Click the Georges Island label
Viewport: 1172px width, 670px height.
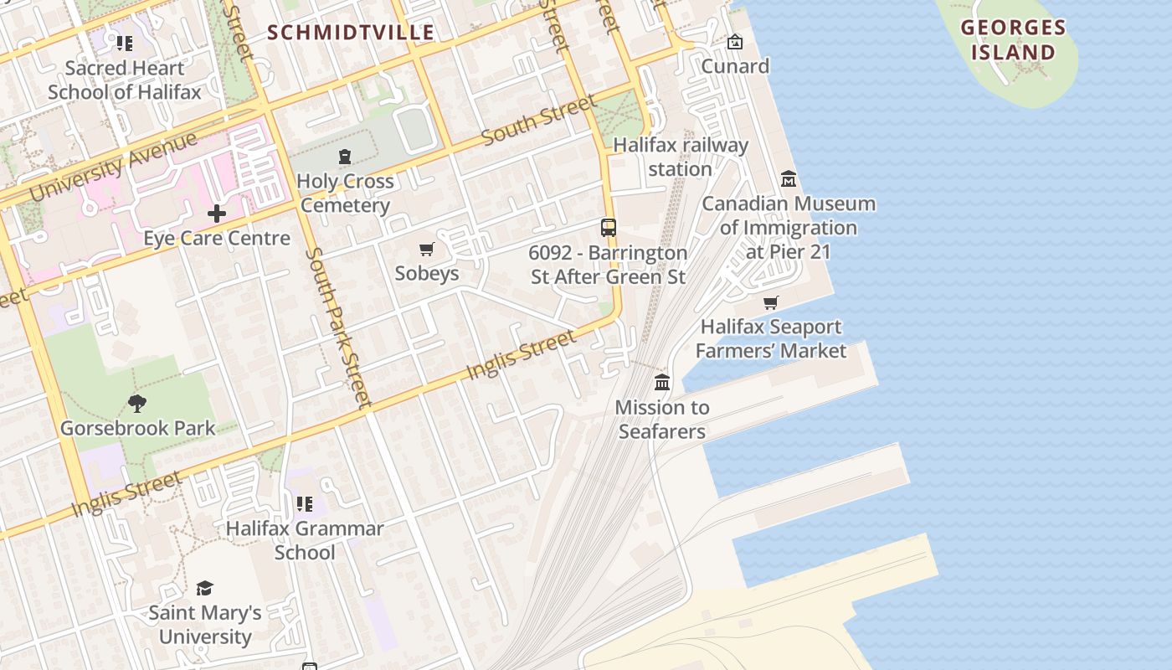pyautogui.click(x=1013, y=40)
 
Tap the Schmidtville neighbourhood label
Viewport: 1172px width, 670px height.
pyautogui.click(x=351, y=33)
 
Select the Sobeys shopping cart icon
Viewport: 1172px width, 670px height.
pyautogui.click(x=427, y=249)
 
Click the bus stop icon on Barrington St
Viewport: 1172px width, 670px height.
pyautogui.click(x=609, y=227)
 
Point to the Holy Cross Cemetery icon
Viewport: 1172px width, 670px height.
pyautogui.click(x=344, y=157)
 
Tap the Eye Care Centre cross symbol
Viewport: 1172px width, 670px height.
pyautogui.click(x=217, y=214)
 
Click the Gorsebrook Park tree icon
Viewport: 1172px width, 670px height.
pyautogui.click(x=137, y=404)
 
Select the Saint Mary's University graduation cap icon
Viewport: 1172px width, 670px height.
pyautogui.click(x=204, y=588)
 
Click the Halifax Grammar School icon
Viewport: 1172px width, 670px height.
pyautogui.click(x=305, y=504)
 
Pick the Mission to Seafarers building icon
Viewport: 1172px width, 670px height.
pyautogui.click(x=662, y=383)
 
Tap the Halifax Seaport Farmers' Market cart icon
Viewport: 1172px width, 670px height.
pyautogui.click(x=771, y=302)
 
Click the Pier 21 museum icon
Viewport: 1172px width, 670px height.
pyautogui.click(x=789, y=179)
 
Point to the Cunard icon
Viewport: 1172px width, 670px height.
pyautogui.click(x=735, y=42)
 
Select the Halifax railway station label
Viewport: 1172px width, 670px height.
pyautogui.click(x=681, y=157)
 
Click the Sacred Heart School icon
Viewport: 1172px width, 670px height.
pyautogui.click(x=125, y=43)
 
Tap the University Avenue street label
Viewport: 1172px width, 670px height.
pyautogui.click(x=114, y=167)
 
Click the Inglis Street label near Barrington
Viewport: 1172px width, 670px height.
pyautogui.click(x=521, y=353)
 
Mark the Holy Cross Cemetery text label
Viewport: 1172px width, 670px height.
pyautogui.click(x=345, y=193)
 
